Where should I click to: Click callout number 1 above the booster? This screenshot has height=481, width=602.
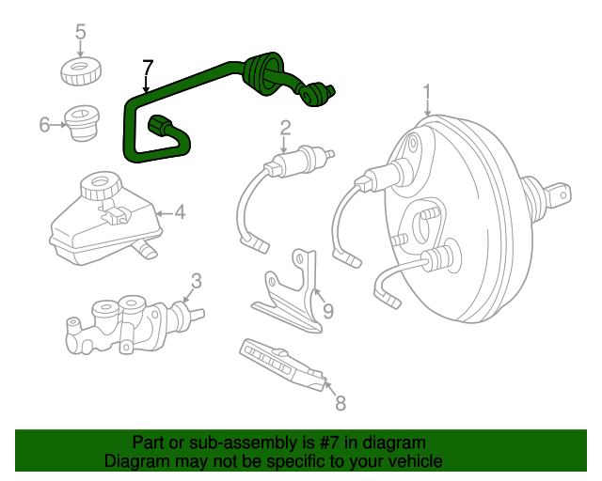427,92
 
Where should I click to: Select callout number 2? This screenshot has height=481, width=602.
285,128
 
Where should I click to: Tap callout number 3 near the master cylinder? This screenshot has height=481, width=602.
196,279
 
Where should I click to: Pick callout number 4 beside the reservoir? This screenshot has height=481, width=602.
179,212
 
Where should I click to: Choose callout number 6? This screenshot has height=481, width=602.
45,124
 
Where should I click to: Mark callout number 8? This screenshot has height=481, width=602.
341,403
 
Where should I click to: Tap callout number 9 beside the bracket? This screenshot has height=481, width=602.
327,311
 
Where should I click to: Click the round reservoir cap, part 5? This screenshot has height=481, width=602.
81,70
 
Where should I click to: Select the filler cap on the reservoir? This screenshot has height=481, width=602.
97,185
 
